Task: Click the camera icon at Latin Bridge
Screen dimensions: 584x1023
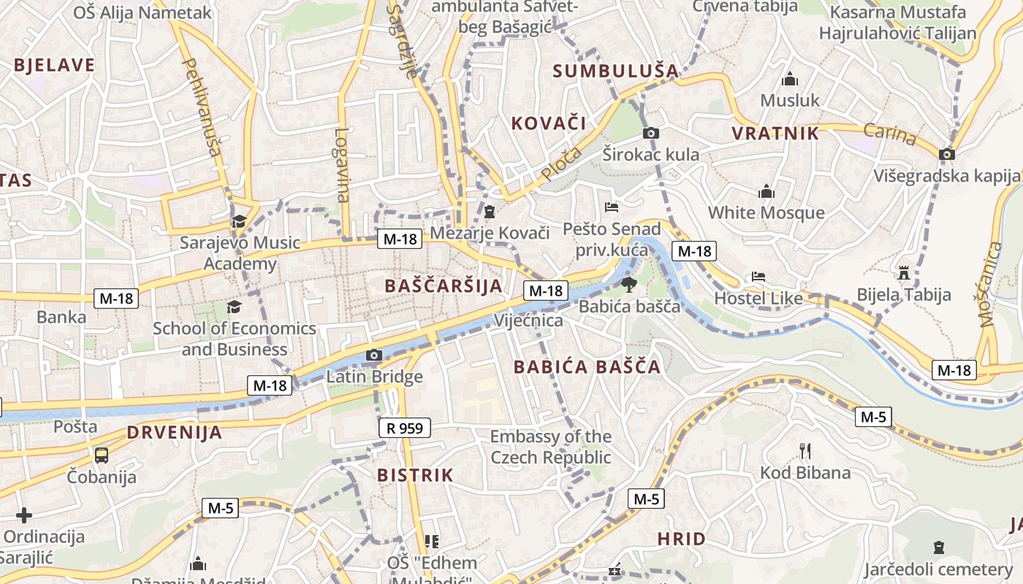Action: [373, 356]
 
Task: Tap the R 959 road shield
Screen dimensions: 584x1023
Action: [405, 428]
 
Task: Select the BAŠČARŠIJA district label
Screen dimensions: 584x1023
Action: [444, 285]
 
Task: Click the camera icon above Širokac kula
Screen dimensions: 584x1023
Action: [650, 133]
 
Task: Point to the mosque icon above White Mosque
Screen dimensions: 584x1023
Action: [766, 192]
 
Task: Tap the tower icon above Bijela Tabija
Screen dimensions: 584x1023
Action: [904, 274]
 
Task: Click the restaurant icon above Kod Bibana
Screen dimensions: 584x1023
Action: [805, 451]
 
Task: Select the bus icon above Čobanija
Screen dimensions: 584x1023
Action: [102, 456]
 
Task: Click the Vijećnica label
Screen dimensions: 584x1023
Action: [528, 320]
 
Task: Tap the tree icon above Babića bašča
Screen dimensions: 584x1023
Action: [628, 285]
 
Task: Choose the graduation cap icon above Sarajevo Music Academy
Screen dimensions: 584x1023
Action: [239, 221]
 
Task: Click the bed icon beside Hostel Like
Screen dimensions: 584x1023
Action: [758, 277]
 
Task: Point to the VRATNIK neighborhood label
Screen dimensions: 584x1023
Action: [775, 133]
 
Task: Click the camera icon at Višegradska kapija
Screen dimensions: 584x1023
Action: [946, 154]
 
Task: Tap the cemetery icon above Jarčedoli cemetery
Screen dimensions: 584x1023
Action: [939, 547]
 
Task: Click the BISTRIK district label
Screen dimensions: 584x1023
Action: [415, 475]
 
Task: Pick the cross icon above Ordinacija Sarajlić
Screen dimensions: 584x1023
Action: [24, 515]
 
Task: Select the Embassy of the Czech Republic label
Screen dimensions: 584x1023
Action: [550, 447]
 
